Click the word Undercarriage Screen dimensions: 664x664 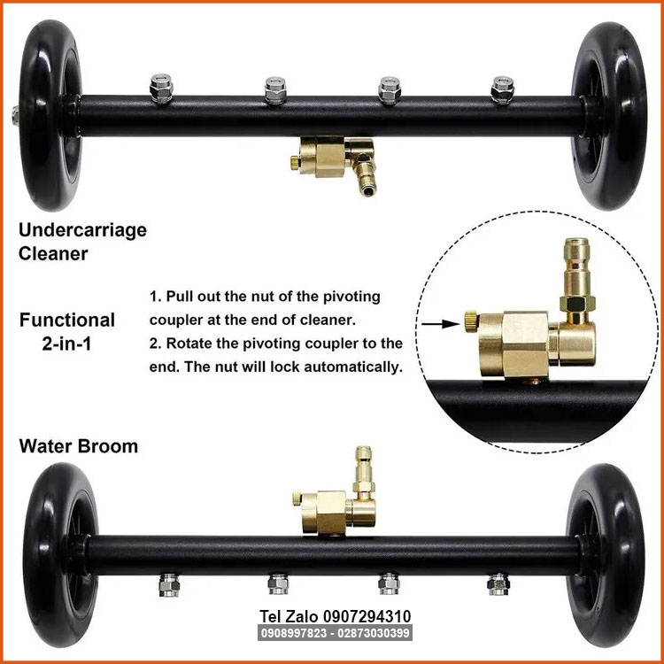tap(82, 231)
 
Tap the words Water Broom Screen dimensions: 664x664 tap(78, 446)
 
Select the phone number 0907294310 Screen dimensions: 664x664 tap(367, 616)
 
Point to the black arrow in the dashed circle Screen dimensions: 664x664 tap(440, 324)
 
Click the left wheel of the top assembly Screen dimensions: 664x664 tap(50, 115)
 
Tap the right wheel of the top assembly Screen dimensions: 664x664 tap(608, 116)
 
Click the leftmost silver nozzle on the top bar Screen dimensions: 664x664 tap(161, 89)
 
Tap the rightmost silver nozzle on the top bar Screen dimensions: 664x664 tap(503, 89)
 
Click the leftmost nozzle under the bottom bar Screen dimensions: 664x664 tap(169, 585)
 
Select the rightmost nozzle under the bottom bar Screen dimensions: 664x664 tap(498, 584)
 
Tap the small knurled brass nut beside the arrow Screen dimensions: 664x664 tap(471, 322)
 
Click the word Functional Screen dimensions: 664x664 tap(67, 320)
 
